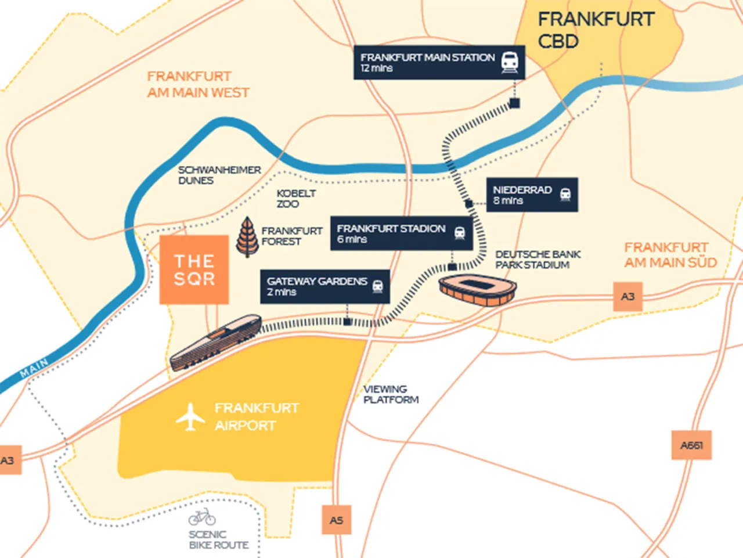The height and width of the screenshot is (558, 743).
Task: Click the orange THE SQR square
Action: (194, 270)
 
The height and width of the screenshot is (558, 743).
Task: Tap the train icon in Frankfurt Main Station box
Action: (510, 62)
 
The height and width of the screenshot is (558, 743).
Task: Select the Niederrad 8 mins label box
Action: (532, 195)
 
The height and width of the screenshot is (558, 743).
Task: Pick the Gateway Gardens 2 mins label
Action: (324, 286)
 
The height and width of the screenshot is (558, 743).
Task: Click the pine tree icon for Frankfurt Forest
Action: (247, 237)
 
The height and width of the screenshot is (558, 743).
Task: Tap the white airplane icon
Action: (190, 417)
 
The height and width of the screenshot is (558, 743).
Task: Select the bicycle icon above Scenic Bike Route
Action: (202, 517)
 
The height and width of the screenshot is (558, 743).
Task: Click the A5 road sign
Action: (337, 520)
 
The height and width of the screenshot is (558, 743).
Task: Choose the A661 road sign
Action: (691, 445)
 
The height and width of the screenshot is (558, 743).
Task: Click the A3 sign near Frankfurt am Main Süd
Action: (628, 297)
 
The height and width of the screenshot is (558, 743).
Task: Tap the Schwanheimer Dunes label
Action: (219, 175)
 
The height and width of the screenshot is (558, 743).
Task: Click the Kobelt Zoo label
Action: (295, 199)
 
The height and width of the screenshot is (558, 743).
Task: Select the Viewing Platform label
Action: (390, 394)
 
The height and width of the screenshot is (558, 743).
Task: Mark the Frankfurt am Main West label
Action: (197, 85)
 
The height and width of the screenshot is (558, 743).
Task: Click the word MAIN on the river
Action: (34, 368)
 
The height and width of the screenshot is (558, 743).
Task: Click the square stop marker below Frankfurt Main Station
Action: (514, 103)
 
